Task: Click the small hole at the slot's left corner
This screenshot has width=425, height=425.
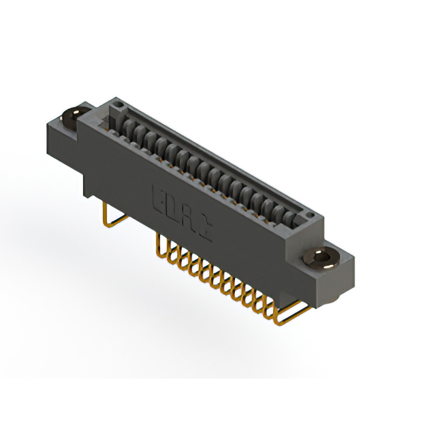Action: click(117, 104)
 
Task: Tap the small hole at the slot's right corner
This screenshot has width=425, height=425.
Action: click(307, 216)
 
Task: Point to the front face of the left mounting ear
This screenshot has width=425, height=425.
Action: click(62, 143)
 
